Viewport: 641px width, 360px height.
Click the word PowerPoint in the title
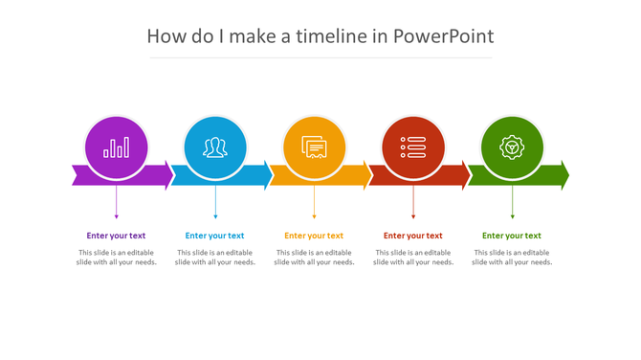(444, 36)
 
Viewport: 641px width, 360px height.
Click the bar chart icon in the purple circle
(117, 147)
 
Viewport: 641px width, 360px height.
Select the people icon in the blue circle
(215, 147)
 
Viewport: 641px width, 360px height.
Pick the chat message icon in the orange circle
(314, 147)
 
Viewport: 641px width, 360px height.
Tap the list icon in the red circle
(413, 147)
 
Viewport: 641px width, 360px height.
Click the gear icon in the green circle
(512, 147)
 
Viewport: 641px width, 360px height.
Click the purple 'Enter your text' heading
(116, 236)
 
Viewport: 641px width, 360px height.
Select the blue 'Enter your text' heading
(214, 236)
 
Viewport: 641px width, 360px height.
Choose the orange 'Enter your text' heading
(314, 236)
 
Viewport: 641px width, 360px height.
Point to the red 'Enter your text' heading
(412, 236)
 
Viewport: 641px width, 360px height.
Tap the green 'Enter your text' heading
(511, 236)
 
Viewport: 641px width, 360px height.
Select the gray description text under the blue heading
(214, 258)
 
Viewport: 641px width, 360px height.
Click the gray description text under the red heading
(412, 258)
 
